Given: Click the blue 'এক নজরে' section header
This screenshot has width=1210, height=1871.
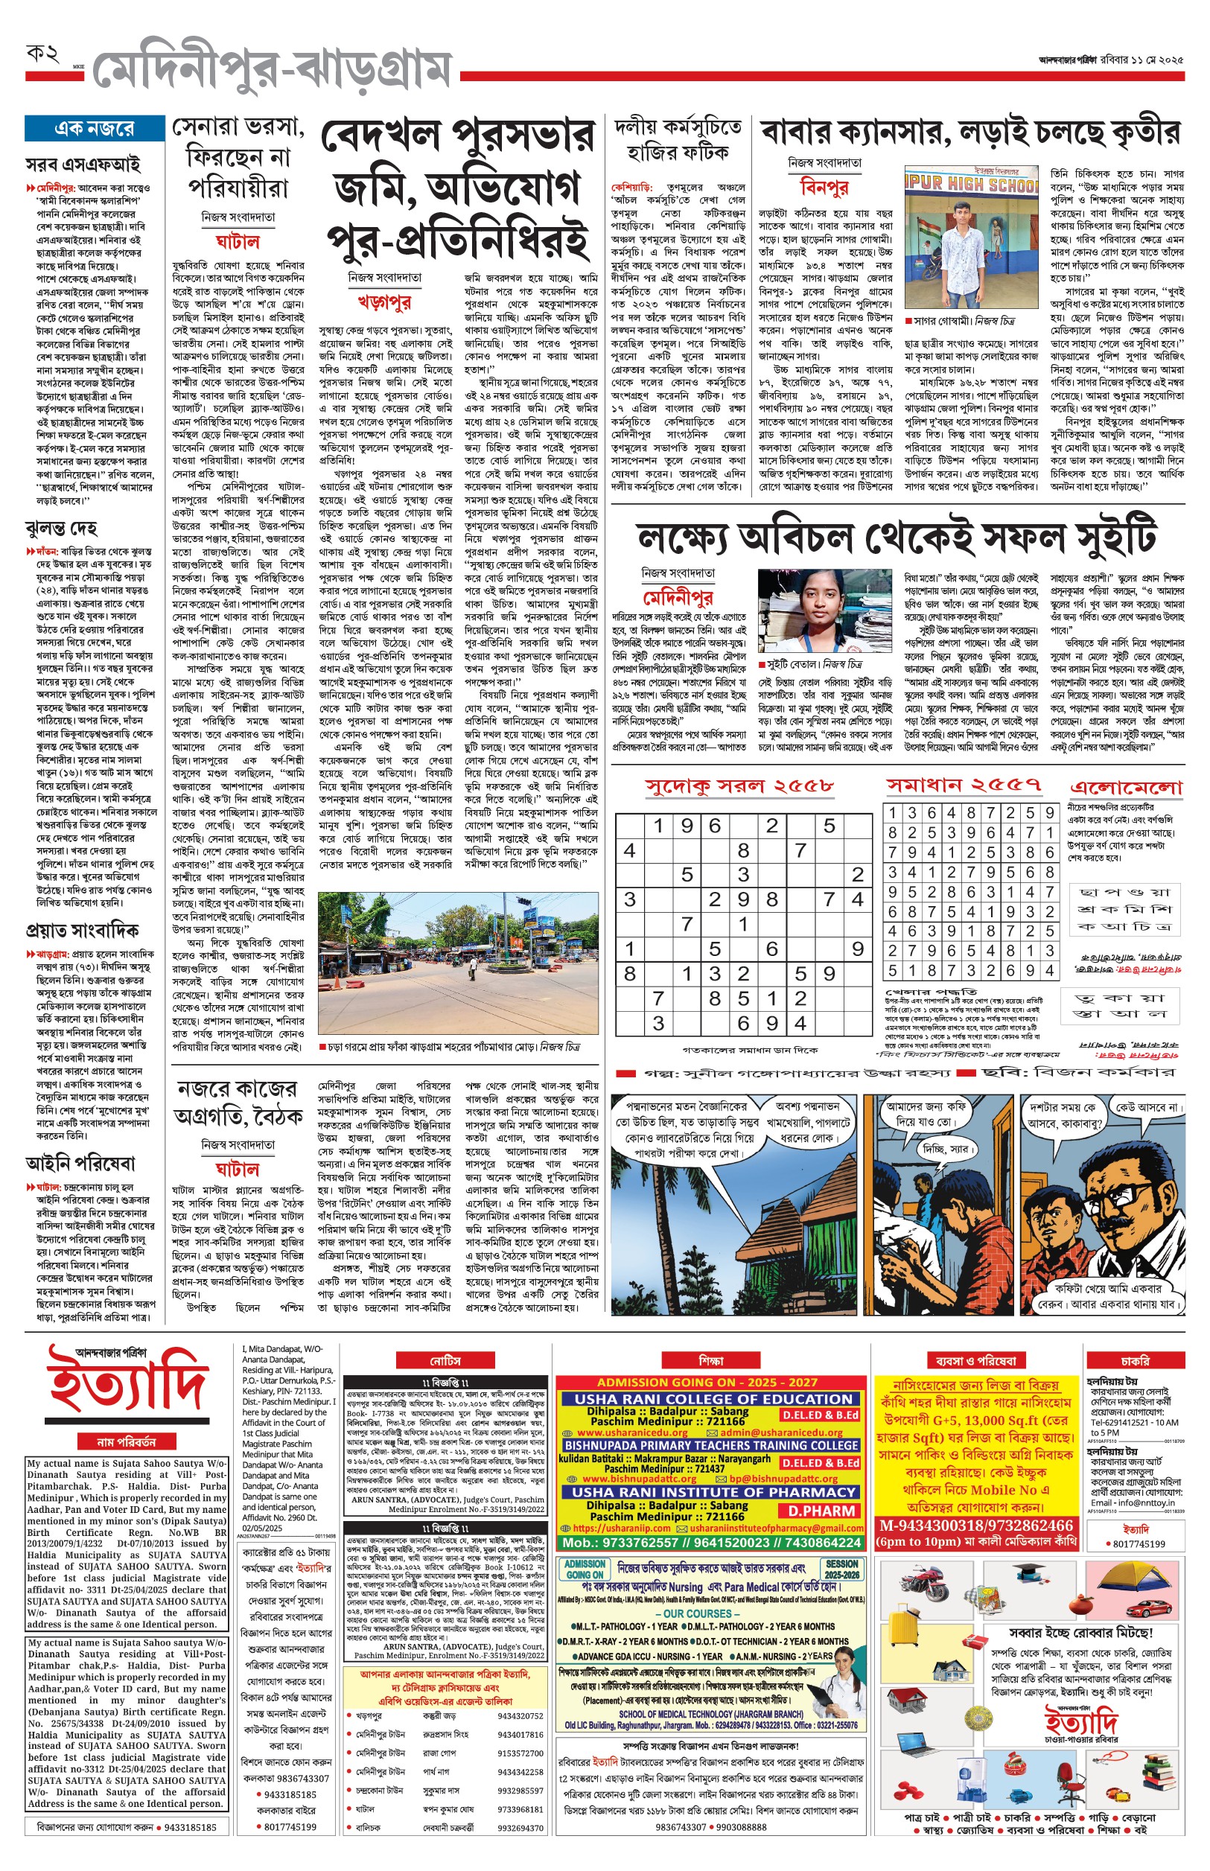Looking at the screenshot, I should pos(95,129).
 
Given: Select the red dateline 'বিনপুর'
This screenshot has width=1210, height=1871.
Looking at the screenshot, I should pos(824,187).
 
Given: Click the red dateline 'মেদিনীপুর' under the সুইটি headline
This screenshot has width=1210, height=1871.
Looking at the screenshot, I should pos(678,599).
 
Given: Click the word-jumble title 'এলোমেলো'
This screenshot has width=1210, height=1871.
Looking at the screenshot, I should pos(1126,788).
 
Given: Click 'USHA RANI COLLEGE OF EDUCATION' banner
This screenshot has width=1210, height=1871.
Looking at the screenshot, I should pos(713,1399).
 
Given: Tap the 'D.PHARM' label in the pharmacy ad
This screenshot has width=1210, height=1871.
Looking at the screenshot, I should pos(822,1511).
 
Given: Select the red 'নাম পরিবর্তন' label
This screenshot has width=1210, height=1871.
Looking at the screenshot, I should pos(127,1441).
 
